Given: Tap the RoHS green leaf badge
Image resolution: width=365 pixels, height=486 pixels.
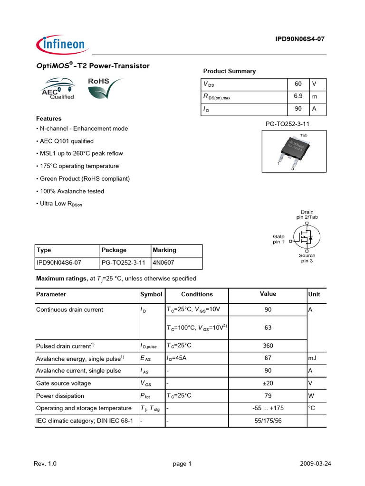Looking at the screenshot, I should click(104, 89).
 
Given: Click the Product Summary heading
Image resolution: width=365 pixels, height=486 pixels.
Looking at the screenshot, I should click(229, 71).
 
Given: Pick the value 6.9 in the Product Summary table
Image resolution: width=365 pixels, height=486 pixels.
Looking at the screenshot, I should click(298, 96).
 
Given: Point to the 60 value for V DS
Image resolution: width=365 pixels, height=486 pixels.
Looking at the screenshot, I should click(298, 84).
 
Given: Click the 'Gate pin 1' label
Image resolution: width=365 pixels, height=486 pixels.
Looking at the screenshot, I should click(279, 239).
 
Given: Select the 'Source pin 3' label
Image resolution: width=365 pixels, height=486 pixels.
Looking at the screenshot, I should click(307, 258).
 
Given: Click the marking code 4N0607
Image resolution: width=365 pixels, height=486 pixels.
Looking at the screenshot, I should click(164, 262).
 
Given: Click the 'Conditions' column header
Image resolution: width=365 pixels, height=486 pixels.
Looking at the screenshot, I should click(197, 294).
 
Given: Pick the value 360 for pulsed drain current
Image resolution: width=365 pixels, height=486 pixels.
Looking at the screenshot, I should click(268, 346).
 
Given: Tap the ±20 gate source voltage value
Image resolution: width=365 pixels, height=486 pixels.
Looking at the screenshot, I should click(268, 383).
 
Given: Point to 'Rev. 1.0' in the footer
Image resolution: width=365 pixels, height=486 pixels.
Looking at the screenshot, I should click(45, 464).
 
